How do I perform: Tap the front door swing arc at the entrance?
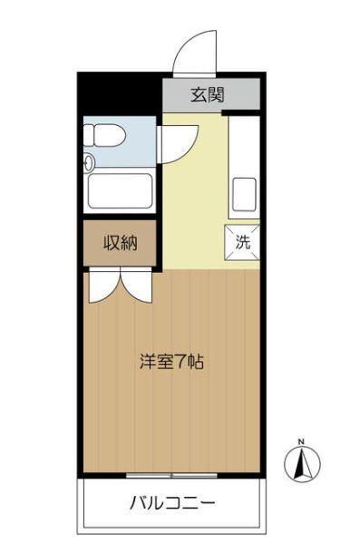tap(195, 50)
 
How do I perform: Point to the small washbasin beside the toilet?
tap(89, 164)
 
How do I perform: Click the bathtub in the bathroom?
tap(121, 191)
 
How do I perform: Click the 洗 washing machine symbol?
tap(242, 241)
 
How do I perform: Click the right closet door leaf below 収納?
tap(138, 283)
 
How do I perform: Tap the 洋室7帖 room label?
tap(170, 362)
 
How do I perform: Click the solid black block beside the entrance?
tap(119, 92)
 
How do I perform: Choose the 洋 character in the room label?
tap(146, 362)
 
